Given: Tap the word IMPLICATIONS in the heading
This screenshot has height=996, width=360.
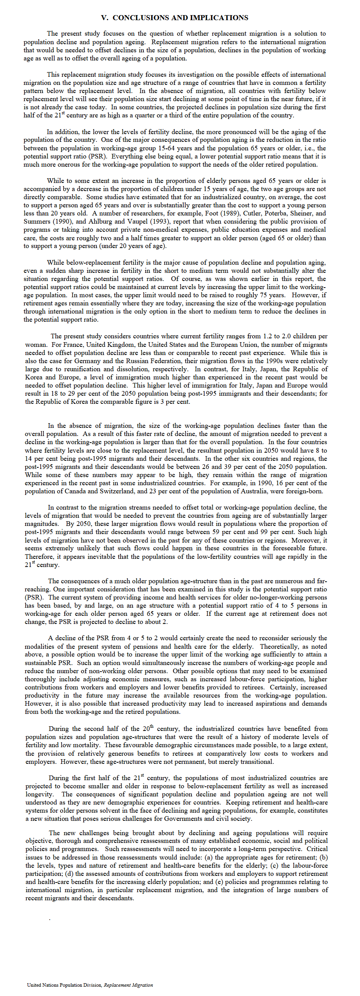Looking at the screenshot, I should point(222,18).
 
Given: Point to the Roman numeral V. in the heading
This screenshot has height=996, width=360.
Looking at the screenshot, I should point(105,18).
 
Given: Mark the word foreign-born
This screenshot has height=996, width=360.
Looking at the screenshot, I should point(305,491).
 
